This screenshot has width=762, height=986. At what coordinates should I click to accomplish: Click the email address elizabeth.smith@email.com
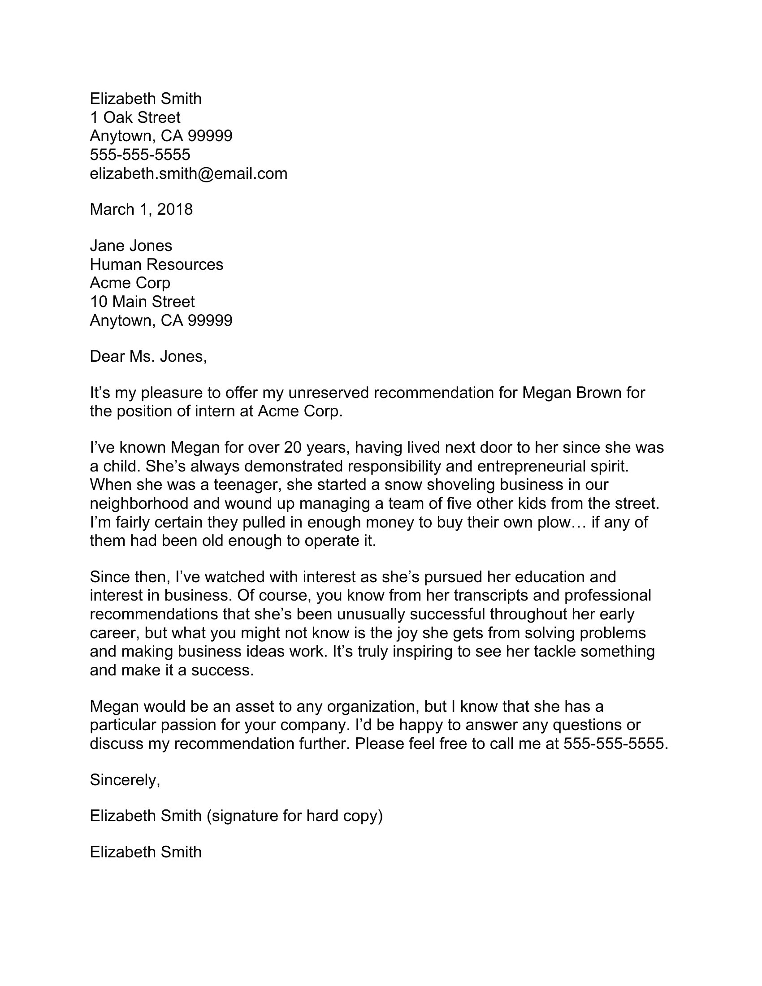coord(188,173)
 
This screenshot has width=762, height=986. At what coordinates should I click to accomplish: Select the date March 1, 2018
coord(141,209)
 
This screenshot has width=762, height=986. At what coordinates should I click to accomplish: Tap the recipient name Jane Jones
coord(131,246)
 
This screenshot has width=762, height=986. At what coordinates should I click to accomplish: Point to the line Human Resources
coord(156,264)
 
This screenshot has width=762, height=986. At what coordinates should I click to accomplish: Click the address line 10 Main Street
coord(142,301)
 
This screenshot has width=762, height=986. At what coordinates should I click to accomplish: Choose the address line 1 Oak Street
coord(135,117)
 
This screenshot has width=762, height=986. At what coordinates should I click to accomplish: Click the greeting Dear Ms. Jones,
coord(148,357)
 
